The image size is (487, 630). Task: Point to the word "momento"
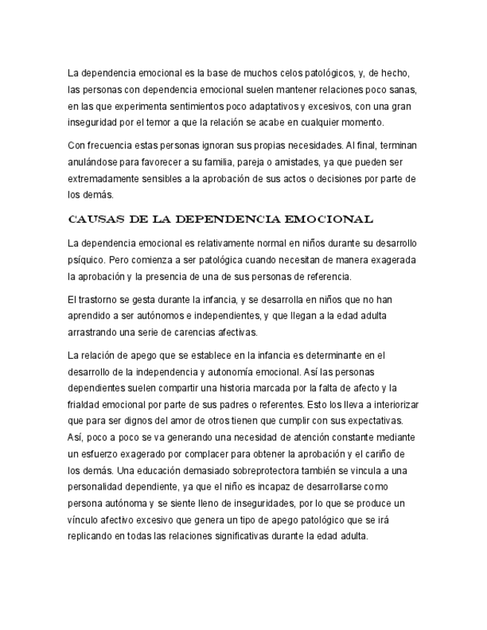pyautogui.click(x=361, y=122)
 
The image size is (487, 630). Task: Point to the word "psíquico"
pyautogui.click(x=86, y=260)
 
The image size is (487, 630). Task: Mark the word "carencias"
pyautogui.click(x=201, y=332)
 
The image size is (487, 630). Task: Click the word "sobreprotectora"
pyautogui.click(x=263, y=470)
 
